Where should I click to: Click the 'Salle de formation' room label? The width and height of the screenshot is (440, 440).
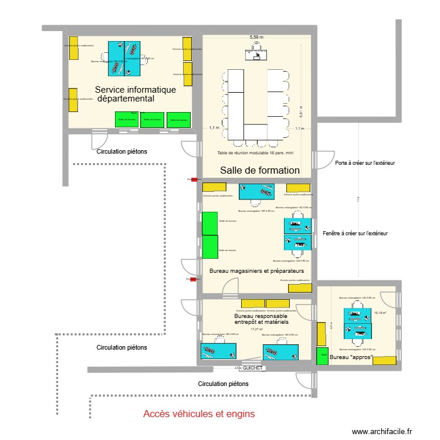(x=260, y=171)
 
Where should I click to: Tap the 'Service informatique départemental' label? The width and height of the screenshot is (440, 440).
(x=135, y=94)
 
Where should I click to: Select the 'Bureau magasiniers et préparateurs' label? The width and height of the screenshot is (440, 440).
(x=256, y=271)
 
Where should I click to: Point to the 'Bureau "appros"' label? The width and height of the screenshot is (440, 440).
(x=351, y=357)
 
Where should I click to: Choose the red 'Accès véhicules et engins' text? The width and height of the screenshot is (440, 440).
(x=199, y=414)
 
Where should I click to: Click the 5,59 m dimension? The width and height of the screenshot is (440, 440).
(x=256, y=37)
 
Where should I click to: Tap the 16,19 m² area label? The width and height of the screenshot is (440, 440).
(x=381, y=313)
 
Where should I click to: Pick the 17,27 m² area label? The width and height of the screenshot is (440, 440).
(x=257, y=329)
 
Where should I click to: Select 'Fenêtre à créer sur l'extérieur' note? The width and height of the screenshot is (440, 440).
(x=355, y=233)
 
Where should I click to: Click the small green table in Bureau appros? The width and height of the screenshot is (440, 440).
(x=322, y=356)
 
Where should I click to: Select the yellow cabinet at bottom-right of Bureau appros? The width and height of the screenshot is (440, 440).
(x=384, y=360)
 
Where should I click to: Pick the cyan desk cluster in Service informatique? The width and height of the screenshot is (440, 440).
(x=124, y=59)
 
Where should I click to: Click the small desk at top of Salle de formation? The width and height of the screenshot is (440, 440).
(x=256, y=54)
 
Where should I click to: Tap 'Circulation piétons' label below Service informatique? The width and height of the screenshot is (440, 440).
(x=122, y=151)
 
